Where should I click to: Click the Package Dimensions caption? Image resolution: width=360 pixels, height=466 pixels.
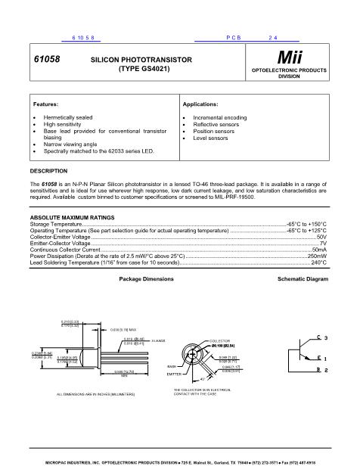pyautogui.click(x=147, y=279)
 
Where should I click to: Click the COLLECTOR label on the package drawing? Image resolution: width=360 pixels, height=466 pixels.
pyautogui.click(x=219, y=342)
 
